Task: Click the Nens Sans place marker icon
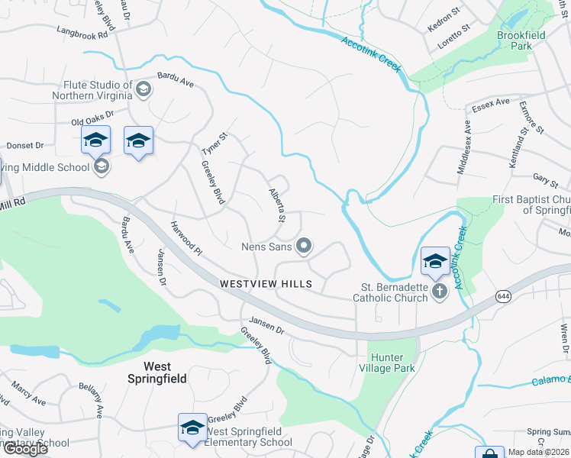[x=305, y=246]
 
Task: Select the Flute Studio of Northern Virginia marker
[x=142, y=91]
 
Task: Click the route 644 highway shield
[x=505, y=297]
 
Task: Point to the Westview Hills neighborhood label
[x=266, y=284]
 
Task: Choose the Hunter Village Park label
[x=392, y=362]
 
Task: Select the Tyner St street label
[x=219, y=142]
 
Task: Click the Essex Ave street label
[x=490, y=103]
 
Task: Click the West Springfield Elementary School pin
[x=192, y=427]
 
